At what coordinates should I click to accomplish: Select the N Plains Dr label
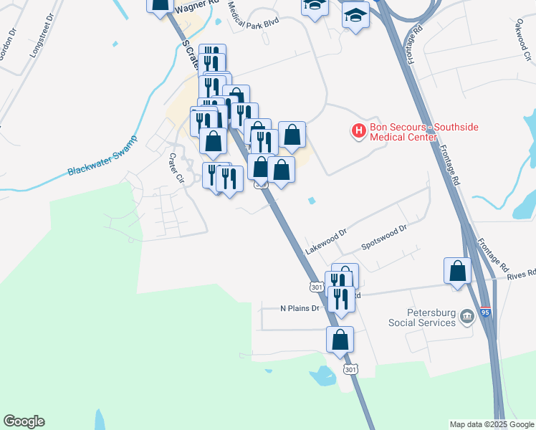click(x=300, y=309)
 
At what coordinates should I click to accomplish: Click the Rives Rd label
click(x=521, y=274)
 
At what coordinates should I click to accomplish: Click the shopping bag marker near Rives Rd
click(x=457, y=272)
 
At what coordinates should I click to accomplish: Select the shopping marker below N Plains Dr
click(x=340, y=340)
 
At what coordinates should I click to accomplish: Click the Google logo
click(x=24, y=421)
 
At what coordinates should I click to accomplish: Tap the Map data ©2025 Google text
click(x=492, y=424)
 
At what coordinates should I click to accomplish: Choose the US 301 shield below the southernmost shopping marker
click(x=349, y=369)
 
